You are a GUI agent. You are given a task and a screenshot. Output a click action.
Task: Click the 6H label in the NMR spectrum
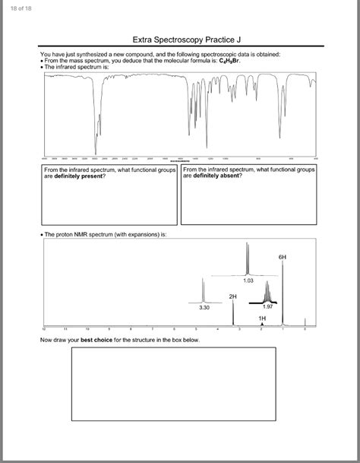tap(283, 258)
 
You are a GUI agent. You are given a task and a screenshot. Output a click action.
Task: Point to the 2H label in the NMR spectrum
tap(232, 294)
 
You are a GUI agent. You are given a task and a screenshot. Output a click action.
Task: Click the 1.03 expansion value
tap(248, 281)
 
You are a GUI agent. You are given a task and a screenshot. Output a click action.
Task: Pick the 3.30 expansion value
tap(204, 308)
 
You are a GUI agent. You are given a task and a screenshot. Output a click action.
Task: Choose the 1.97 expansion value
tap(267, 307)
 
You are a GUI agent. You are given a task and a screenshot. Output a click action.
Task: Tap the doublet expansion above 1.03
tap(248, 258)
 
